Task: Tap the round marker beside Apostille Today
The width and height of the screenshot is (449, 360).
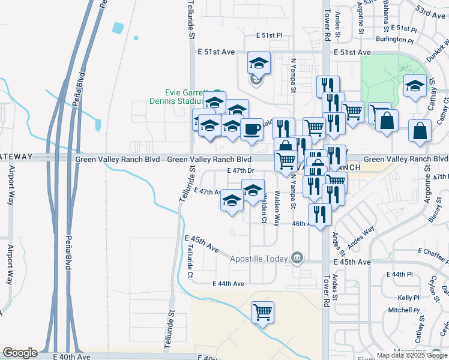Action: click(297, 259)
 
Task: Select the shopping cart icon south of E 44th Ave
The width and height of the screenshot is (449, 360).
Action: click(262, 311)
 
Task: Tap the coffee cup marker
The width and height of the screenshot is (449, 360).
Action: click(252, 128)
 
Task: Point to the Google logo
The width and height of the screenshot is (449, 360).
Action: click(20, 353)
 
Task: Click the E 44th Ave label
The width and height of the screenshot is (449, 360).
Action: click(229, 284)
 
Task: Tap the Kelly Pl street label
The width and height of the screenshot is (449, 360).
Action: click(408, 298)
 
